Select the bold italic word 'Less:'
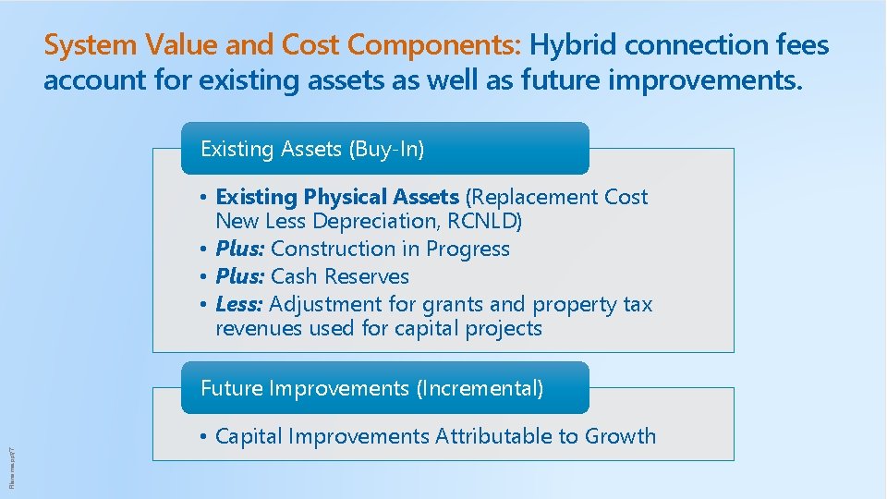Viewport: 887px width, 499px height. pyautogui.click(x=239, y=304)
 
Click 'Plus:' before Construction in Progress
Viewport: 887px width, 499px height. pyautogui.click(x=240, y=249)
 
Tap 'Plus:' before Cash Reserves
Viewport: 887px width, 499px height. pyautogui.click(x=240, y=276)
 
